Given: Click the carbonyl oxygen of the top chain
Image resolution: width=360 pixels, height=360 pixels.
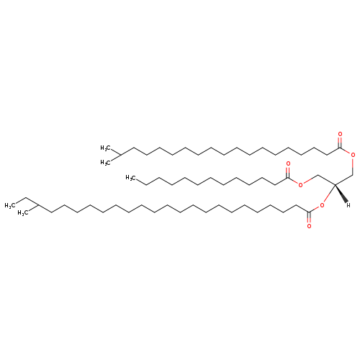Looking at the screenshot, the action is click(x=340, y=134).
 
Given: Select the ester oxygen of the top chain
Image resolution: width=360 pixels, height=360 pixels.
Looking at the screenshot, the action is click(x=353, y=155).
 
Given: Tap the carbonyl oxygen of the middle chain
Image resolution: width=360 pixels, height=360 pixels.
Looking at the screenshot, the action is click(x=288, y=164).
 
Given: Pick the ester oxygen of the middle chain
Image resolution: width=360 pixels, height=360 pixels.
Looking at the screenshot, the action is click(x=300, y=184).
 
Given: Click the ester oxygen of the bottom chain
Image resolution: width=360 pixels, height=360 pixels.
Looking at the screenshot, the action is click(x=322, y=205).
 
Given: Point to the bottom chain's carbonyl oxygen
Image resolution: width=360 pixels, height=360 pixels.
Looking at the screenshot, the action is click(x=309, y=226).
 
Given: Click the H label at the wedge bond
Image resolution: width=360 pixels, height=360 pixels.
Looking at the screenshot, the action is click(x=348, y=205).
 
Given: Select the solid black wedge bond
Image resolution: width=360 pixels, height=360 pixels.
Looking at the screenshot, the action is click(x=341, y=193).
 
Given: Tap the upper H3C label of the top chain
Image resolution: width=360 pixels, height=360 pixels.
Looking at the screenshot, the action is click(x=105, y=148).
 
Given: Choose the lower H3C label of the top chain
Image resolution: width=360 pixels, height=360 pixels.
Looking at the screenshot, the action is click(x=105, y=163).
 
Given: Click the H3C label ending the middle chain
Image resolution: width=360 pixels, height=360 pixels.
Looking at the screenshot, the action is click(x=131, y=178).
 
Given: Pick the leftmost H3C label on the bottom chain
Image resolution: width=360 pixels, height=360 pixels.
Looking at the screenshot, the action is click(x=10, y=205).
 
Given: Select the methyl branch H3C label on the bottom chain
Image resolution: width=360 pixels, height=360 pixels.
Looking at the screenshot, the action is click(x=23, y=213).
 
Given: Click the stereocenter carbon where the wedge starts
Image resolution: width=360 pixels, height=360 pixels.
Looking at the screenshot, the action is click(x=335, y=184).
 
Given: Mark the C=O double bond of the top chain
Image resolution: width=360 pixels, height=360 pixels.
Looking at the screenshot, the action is click(x=340, y=143).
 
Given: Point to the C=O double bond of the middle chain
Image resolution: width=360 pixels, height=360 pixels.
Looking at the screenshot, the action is click(x=288, y=172).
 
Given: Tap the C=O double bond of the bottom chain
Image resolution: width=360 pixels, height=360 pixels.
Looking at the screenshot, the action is click(x=309, y=217).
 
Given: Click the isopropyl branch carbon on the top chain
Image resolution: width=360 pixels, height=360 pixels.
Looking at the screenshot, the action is click(x=120, y=155).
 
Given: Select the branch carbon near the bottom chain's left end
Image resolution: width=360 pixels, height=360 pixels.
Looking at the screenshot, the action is click(x=38, y=205).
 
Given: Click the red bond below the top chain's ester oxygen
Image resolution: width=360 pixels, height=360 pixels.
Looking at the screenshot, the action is click(x=353, y=166).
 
